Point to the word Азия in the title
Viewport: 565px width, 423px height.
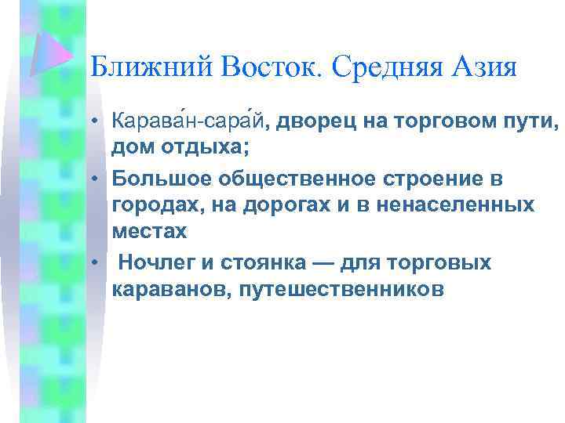487,67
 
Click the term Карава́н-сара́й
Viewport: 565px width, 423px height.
188,121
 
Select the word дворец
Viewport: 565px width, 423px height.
311,121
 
